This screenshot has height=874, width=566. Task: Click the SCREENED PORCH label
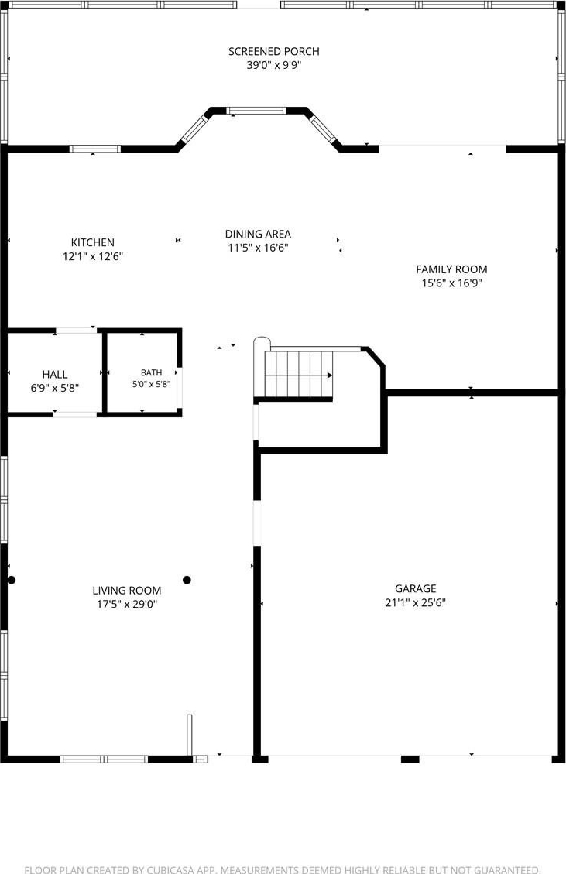(x=274, y=51)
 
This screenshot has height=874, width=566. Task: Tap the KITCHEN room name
(x=93, y=242)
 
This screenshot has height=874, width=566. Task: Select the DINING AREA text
(x=258, y=234)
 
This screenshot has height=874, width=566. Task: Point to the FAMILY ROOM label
(x=451, y=269)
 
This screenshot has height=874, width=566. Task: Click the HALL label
(x=55, y=375)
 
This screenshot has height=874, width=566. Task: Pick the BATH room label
(x=151, y=372)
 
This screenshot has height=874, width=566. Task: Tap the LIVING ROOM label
(x=127, y=591)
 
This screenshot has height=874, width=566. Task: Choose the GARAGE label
(x=416, y=588)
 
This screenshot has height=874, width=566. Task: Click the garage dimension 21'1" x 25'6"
(x=416, y=602)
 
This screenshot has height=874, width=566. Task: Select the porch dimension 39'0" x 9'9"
(x=274, y=65)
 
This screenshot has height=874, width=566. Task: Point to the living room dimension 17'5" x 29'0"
(x=127, y=605)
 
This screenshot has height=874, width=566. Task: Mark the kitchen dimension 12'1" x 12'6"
(x=93, y=256)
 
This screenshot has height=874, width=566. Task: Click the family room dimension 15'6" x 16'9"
(x=451, y=283)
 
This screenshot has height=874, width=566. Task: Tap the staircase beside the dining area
(x=298, y=373)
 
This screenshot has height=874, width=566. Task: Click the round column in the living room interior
(x=187, y=580)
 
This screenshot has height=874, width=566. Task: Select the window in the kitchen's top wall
(x=94, y=149)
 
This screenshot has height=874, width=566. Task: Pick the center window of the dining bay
(x=256, y=111)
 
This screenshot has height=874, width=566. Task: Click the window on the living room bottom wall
(x=105, y=759)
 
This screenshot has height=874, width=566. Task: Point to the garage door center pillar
(x=410, y=759)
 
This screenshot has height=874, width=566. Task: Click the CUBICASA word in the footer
(x=168, y=869)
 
